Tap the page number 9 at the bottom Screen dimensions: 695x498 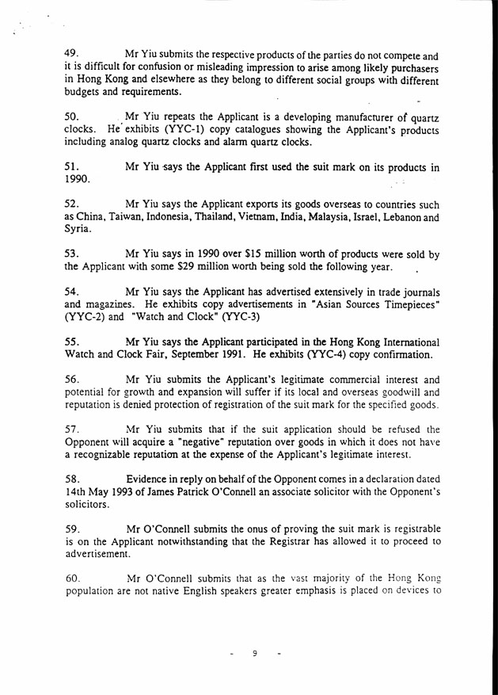[255, 654]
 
